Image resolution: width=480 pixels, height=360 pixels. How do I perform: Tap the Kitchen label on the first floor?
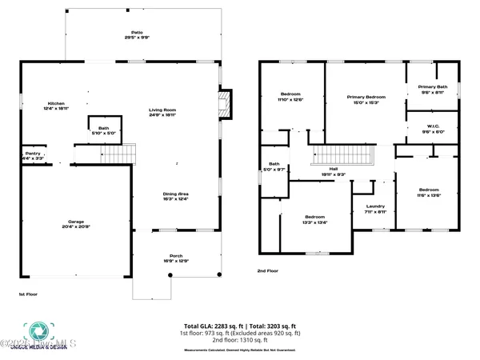coord(56,104)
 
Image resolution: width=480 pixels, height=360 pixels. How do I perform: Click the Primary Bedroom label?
coord(366,98)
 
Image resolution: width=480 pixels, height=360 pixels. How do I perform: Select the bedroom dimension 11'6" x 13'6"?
coord(428,194)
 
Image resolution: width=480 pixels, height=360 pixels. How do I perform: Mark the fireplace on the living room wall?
coord(225,101)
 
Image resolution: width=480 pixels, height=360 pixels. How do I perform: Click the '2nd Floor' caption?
coord(268,271)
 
